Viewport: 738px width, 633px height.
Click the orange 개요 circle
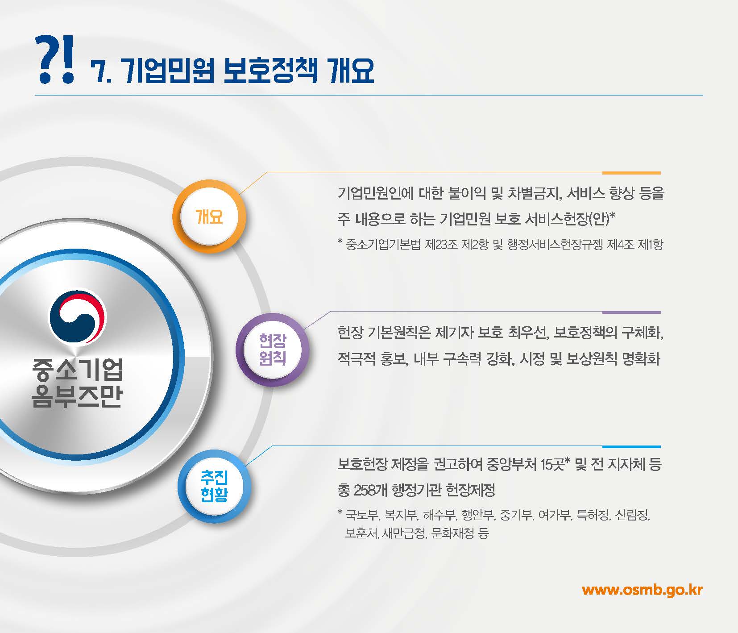tap(209, 217)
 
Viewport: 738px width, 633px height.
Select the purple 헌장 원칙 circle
tap(272, 349)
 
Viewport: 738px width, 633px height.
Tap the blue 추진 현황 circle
tap(214, 486)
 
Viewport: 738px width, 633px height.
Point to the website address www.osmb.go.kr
tap(642, 590)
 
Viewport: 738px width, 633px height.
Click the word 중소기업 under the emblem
tap(77, 370)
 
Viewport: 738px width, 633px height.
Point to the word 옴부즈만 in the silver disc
tap(77, 396)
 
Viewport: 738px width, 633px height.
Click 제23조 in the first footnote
tap(442, 245)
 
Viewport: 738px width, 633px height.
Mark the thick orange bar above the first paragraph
tap(631, 173)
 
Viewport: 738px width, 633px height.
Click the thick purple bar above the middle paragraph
tap(631, 312)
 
